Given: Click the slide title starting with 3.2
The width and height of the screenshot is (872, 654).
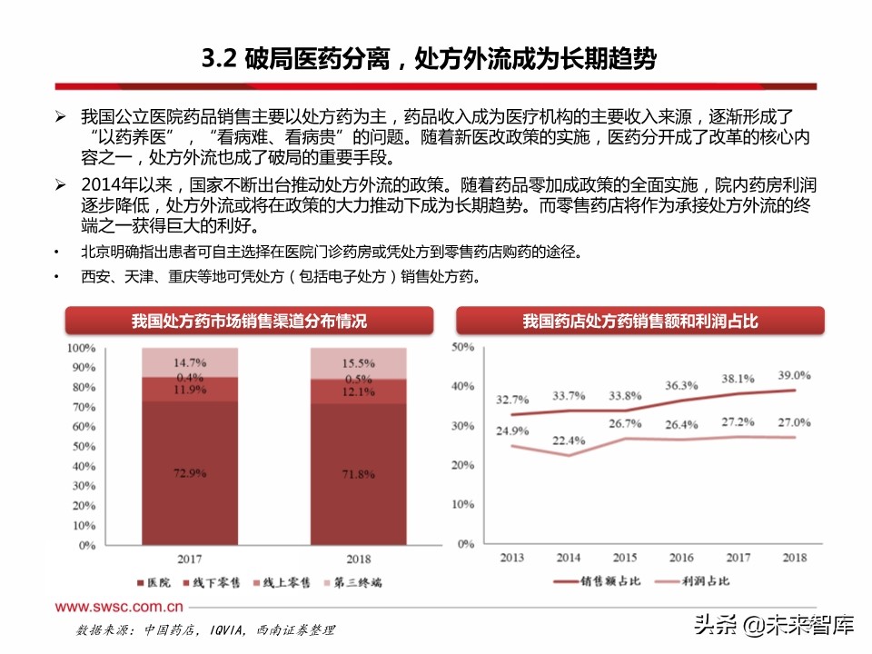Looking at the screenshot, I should point(428,60).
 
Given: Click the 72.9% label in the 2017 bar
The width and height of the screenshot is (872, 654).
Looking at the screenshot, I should point(191,472).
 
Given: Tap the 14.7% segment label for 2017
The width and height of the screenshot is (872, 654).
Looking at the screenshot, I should point(191,362).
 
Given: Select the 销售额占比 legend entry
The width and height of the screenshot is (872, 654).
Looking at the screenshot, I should point(599,580).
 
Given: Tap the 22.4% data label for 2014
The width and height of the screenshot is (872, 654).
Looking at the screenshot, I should point(568,441).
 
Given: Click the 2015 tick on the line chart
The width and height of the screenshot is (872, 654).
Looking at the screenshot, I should point(625,557).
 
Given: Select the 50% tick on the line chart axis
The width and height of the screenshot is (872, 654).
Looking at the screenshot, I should point(463,347).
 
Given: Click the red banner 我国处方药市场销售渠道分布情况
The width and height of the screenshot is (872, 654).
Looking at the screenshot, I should point(249,321).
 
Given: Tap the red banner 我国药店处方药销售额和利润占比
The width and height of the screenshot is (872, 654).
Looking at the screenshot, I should point(639,321).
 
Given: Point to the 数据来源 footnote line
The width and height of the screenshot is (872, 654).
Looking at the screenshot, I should point(205,629).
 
